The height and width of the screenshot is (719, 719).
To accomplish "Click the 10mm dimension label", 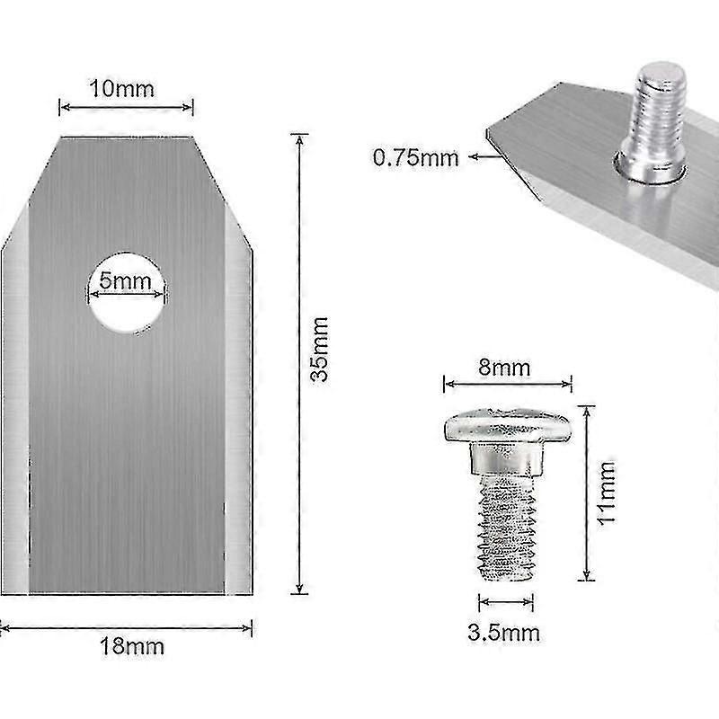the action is point(122,88).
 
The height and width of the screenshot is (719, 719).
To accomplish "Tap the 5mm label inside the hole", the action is point(125,280).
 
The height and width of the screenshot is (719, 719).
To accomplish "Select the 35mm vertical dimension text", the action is point(320,349).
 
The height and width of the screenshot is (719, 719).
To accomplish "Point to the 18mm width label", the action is point(132,646).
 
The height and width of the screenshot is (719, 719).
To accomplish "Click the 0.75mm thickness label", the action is point(416,158).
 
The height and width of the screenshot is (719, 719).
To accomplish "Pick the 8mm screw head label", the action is point(504,368).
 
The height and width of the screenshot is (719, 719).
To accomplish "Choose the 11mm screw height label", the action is point(607,493).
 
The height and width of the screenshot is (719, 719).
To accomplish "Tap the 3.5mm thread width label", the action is point(504,634).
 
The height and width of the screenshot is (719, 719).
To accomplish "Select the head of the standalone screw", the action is point(507,425).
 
